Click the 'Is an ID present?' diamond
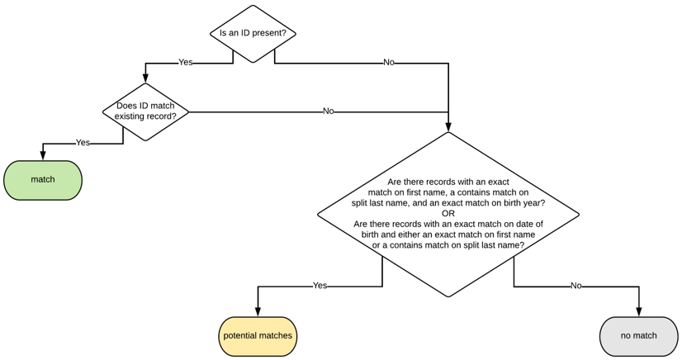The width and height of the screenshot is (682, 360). tap(253, 34)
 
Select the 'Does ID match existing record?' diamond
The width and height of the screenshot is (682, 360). tap(145, 111)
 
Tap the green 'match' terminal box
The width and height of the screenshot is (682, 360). tap(43, 180)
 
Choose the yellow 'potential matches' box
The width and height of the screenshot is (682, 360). tap(258, 336)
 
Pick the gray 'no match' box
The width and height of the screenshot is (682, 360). tap(638, 336)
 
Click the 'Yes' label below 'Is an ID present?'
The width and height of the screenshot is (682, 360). tap(186, 63)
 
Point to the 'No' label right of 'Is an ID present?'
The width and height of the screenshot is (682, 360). tap(389, 63)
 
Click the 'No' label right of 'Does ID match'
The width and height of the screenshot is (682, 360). tap(329, 111)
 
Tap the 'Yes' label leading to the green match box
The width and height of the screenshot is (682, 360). tap(83, 143)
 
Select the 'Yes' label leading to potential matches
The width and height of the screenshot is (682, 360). tap(320, 286)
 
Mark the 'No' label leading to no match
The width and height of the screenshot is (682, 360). tap(575, 286)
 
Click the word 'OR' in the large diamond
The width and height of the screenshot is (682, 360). tap(448, 214)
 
